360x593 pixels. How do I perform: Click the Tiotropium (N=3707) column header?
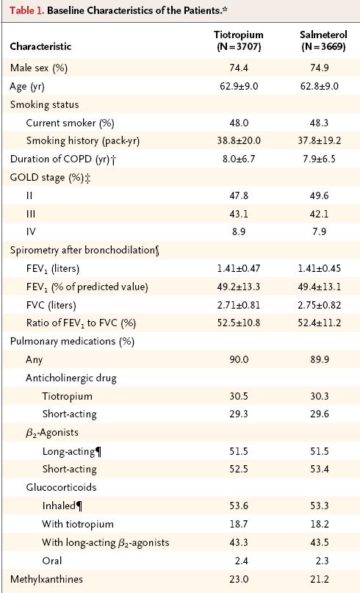238,41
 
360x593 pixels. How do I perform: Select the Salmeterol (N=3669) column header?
323,41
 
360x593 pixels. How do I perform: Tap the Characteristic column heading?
40,46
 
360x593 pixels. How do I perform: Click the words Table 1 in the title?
27,10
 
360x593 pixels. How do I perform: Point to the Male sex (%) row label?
38,68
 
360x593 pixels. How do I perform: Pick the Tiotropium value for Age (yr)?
239,86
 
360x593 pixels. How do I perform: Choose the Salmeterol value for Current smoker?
320,123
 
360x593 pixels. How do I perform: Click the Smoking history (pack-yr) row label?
83,141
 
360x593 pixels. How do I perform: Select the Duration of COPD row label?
63,159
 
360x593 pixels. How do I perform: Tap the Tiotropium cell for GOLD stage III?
239,214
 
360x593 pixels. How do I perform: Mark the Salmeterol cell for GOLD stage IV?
320,231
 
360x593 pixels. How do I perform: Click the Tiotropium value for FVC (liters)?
239,305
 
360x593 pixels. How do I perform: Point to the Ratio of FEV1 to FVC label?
81,323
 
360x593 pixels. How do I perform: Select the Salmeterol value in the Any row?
320,359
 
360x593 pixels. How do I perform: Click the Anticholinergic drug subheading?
71,378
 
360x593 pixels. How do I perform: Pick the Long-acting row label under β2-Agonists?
71,451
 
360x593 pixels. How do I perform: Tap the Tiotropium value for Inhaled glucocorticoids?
239,506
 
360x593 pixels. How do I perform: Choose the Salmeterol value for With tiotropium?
320,524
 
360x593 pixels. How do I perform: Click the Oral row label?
52,561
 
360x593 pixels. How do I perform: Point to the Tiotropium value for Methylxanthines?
239,579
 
